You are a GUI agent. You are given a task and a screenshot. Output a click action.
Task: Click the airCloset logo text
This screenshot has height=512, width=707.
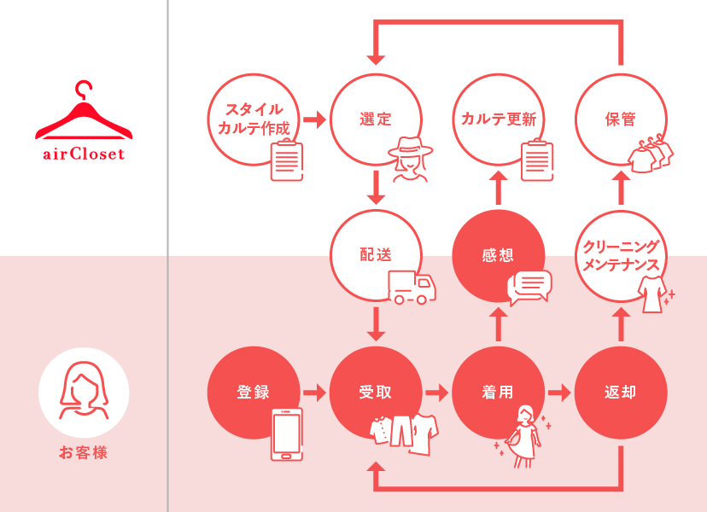pos(84,154)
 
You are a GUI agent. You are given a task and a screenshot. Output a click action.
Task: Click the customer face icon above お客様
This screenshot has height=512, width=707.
pos(84,391)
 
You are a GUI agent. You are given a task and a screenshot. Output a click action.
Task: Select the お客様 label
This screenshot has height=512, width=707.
pos(84,452)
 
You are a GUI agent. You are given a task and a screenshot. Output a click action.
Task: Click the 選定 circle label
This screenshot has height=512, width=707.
pos(376,119)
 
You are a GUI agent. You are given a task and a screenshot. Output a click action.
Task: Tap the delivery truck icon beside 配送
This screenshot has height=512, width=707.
pos(412,287)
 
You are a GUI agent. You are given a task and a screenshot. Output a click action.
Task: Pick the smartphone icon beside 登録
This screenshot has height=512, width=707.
pos(287,434)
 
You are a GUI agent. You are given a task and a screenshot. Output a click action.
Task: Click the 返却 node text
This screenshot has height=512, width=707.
pos(621,393)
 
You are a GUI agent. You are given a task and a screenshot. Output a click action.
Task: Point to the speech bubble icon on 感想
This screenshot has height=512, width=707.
pos(529,288)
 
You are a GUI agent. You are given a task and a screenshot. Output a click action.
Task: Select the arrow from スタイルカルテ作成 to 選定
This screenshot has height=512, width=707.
pos(314,119)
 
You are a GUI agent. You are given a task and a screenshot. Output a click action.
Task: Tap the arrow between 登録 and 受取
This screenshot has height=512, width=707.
pos(314,393)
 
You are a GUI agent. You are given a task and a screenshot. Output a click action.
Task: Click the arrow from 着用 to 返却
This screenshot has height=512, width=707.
pos(559,393)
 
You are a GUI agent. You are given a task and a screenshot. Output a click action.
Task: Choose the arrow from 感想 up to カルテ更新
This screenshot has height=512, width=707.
pos(499,188)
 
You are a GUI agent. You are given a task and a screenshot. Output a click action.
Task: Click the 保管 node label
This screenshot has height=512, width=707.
pos(621,119)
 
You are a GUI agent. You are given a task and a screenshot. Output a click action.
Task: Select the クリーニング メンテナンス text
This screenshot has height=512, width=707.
pos(621,255)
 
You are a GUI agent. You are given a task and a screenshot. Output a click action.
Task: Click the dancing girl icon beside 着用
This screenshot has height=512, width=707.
pos(523,436)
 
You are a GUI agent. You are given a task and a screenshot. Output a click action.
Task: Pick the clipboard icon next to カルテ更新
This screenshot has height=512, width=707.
pos(537,160)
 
